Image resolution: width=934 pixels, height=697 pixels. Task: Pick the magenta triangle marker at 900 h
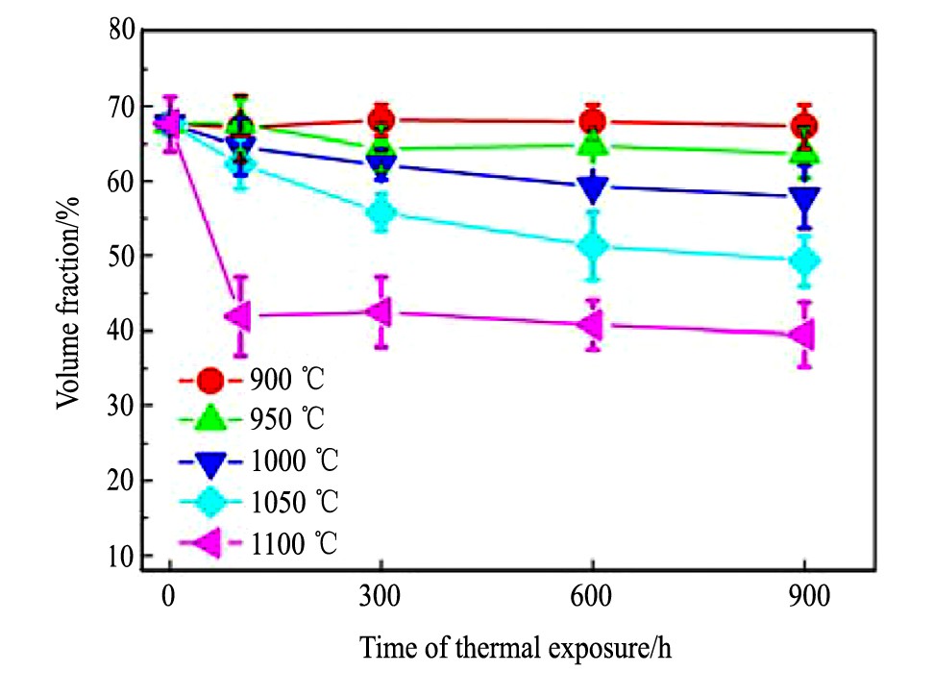coord(802,335)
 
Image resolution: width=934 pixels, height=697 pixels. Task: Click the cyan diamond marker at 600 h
coord(593,246)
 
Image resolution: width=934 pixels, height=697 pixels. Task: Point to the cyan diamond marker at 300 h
coord(381,213)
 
